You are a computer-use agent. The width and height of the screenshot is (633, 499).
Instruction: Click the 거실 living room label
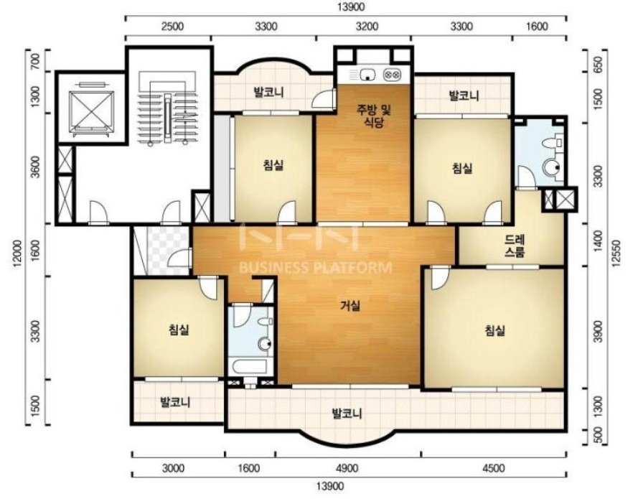[x=350, y=306]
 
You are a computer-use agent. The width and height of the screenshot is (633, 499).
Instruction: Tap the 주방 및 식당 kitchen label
[x=373, y=116]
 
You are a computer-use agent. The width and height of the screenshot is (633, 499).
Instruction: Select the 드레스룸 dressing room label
[x=515, y=246]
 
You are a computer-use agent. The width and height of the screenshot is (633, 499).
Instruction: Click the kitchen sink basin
[x=367, y=74]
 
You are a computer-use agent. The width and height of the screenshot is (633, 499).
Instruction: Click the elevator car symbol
[x=91, y=111]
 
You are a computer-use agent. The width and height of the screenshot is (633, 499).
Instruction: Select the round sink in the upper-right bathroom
[x=552, y=167]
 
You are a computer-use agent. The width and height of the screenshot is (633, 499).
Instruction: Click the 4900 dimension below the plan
[x=347, y=468]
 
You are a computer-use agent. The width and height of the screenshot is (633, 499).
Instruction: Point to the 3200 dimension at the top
[x=367, y=27]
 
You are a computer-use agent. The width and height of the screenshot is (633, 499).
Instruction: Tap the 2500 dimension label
[x=172, y=27]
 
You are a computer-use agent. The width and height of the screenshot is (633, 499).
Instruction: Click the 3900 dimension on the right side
[x=599, y=332]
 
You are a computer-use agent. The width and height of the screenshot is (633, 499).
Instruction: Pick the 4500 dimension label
[x=493, y=468]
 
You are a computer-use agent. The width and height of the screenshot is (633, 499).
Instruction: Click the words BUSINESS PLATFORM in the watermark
[x=316, y=267]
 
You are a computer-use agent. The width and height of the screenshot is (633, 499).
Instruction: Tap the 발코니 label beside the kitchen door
[x=268, y=93]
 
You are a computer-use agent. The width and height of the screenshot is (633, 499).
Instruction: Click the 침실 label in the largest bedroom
[x=494, y=331]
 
